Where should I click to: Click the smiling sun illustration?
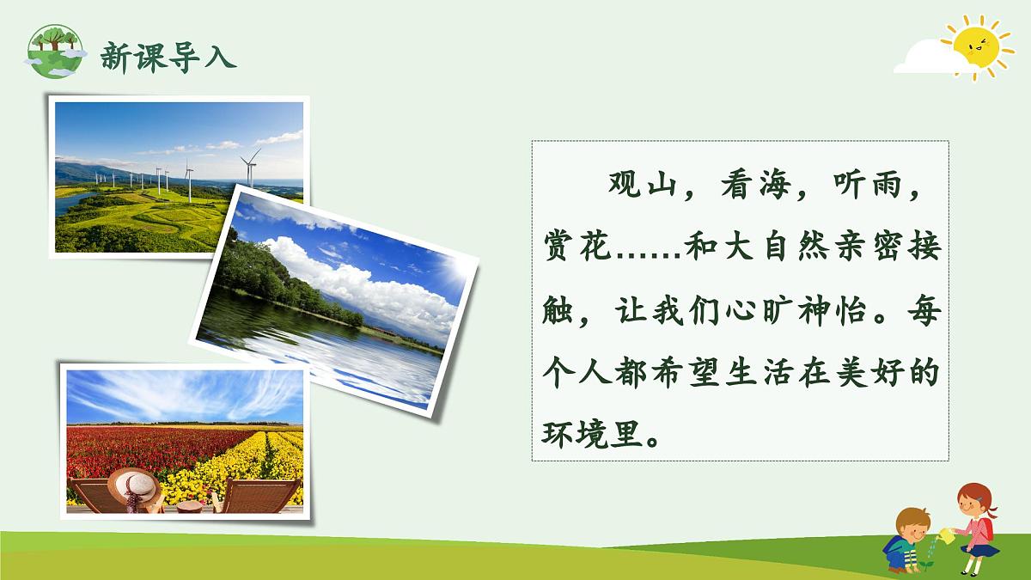tap(977, 46)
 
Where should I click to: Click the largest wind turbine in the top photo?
tap(250, 167)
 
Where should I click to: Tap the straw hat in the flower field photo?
tap(133, 487)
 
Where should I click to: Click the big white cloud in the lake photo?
tap(361, 283)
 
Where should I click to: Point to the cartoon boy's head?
tap(912, 522)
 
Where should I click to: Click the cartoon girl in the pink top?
tap(977, 524)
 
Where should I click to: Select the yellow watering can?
tap(945, 535)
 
